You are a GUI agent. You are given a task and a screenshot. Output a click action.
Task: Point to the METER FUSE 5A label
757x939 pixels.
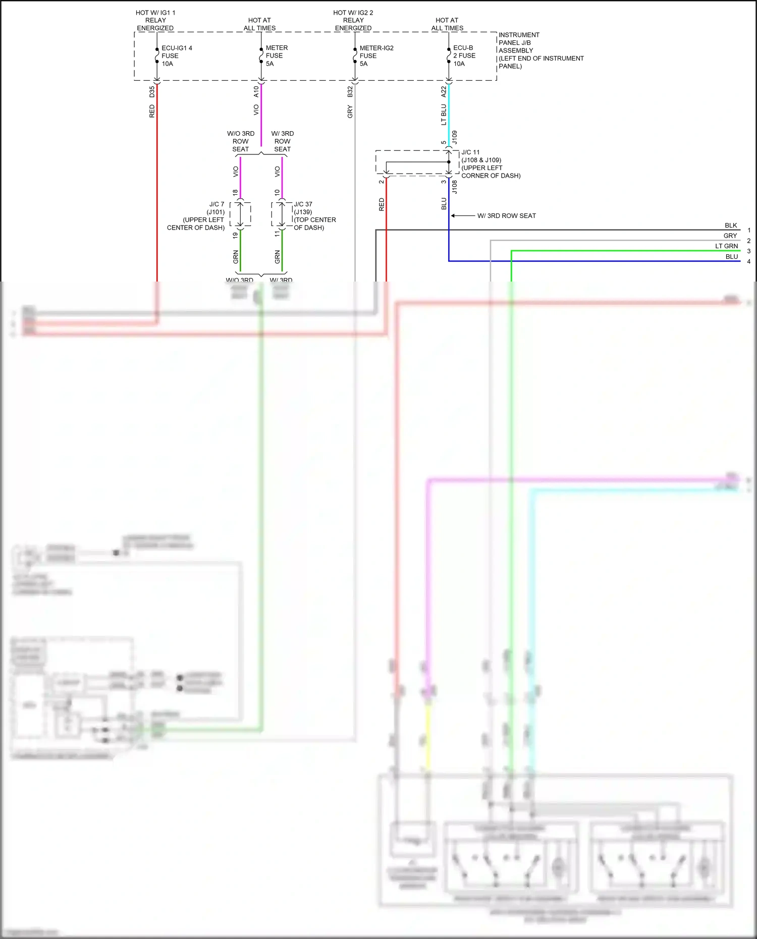point(276,56)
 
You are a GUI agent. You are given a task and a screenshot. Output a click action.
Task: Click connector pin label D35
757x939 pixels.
point(152,92)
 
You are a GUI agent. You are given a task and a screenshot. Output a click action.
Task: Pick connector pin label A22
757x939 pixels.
point(444,92)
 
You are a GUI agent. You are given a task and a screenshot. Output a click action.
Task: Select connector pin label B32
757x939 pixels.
point(350,92)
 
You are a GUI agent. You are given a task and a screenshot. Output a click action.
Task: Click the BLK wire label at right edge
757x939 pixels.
point(730,226)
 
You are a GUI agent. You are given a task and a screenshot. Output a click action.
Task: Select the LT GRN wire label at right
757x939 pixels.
point(726,246)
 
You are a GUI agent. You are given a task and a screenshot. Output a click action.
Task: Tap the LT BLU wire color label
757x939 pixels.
point(444,115)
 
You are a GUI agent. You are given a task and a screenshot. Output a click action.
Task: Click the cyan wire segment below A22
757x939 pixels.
point(449,116)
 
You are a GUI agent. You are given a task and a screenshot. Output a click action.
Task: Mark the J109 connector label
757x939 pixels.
point(454,137)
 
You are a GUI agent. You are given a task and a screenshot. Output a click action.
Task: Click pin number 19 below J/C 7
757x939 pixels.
point(235,235)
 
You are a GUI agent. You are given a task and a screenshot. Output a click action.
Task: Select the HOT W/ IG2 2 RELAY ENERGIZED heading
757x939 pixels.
point(353,20)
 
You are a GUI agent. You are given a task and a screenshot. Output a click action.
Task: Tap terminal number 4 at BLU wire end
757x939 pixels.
point(748,261)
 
